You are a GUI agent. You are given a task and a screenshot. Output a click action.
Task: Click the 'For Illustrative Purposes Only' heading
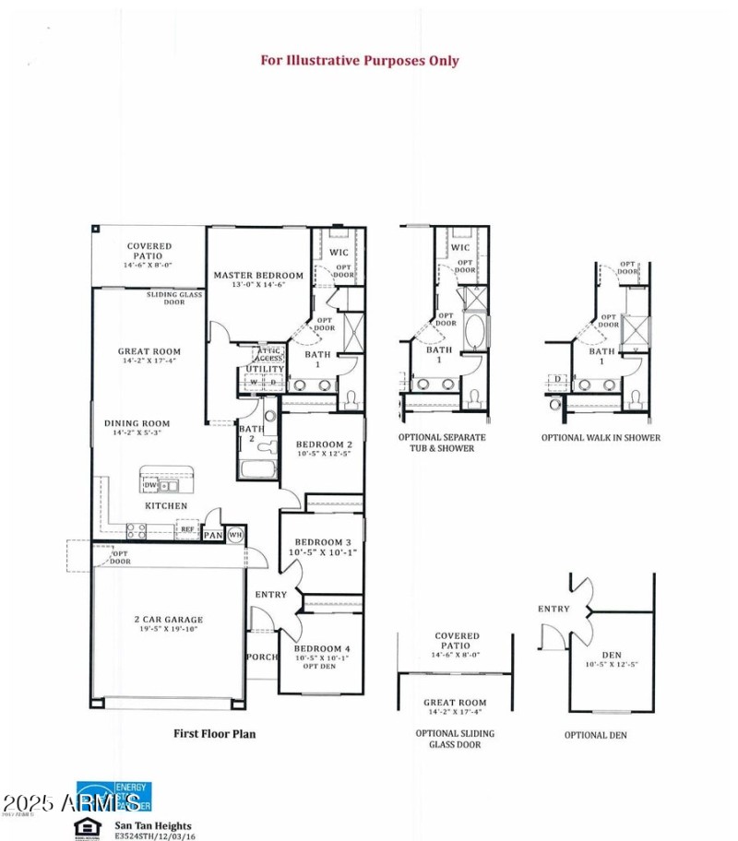point(359,61)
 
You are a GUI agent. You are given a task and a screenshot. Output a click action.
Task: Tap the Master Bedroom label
point(258,276)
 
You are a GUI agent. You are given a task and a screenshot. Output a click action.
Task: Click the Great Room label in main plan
point(149,351)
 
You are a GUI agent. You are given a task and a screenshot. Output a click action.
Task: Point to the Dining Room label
point(137,424)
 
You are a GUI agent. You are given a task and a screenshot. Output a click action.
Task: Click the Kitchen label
point(166,506)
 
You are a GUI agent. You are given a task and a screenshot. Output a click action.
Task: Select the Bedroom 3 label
point(322,542)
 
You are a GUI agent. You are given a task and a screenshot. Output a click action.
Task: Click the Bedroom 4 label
point(322,649)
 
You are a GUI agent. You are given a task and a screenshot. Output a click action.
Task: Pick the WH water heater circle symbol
point(234,534)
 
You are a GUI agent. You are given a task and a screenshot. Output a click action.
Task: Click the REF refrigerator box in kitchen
point(187,529)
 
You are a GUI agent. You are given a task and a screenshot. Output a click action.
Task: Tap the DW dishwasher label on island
point(149,485)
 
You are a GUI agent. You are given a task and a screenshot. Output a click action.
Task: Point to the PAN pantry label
point(213,535)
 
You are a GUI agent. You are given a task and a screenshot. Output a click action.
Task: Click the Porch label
point(261,657)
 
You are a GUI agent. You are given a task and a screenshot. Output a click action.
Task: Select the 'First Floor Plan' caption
point(215,734)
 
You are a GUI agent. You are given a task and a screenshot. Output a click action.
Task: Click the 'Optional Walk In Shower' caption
point(601,437)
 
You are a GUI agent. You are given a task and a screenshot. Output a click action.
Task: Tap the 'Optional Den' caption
point(595,735)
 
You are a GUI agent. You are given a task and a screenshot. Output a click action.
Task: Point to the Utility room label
point(265,369)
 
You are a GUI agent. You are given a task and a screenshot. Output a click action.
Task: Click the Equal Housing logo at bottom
point(88,827)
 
